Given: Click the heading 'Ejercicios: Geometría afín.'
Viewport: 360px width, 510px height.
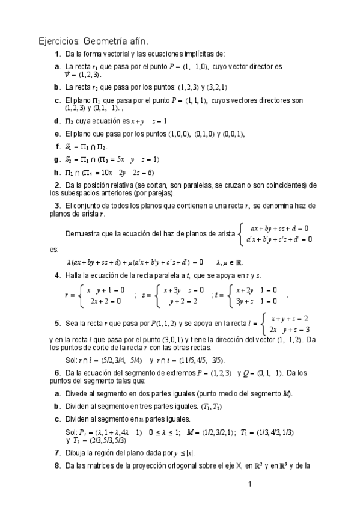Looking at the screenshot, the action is click(93, 41).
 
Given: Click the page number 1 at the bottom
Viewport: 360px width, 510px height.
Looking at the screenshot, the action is click(249, 484).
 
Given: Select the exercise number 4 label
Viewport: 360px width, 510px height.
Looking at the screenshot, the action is click(56, 275).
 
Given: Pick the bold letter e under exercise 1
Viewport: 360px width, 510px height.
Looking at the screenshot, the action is click(56, 134).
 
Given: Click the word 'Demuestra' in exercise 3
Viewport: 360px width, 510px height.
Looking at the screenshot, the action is click(83, 234).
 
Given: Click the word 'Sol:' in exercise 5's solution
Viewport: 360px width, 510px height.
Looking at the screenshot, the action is click(70, 360).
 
